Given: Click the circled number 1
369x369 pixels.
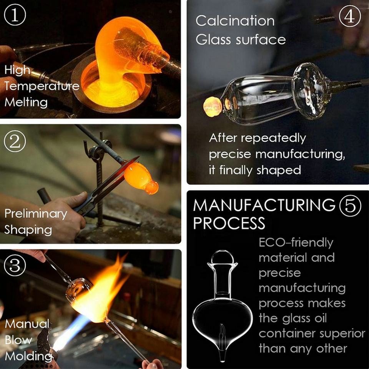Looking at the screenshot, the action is (15, 15).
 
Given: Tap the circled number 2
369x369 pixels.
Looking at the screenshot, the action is (15, 141).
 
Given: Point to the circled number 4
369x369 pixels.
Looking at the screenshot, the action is (350, 16).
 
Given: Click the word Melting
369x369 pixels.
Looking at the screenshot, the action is (26, 103).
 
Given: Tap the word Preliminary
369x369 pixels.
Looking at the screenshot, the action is (36, 214).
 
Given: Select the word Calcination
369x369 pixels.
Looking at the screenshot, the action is (235, 21).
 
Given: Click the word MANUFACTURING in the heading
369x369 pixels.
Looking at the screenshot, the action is (264, 205).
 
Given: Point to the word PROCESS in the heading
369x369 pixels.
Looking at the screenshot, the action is (229, 223).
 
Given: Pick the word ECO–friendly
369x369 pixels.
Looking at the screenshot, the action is (296, 243).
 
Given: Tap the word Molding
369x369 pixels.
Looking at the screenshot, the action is (28, 356).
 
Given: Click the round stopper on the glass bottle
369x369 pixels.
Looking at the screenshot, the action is (223, 257).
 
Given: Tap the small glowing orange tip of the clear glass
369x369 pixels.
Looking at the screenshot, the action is (213, 106).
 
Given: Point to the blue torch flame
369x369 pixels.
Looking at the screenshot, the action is (71, 332).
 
